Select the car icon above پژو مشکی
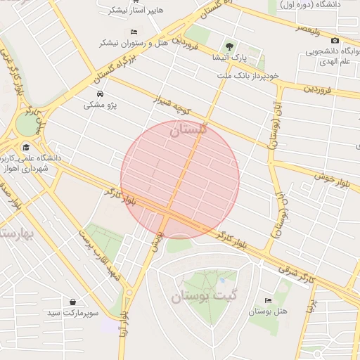click(x=99, y=94)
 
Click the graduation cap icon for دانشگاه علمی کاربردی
click(x=26, y=148)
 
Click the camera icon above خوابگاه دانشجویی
click(x=334, y=41)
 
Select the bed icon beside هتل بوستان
click(x=266, y=300)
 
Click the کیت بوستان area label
click(x=206, y=296)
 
